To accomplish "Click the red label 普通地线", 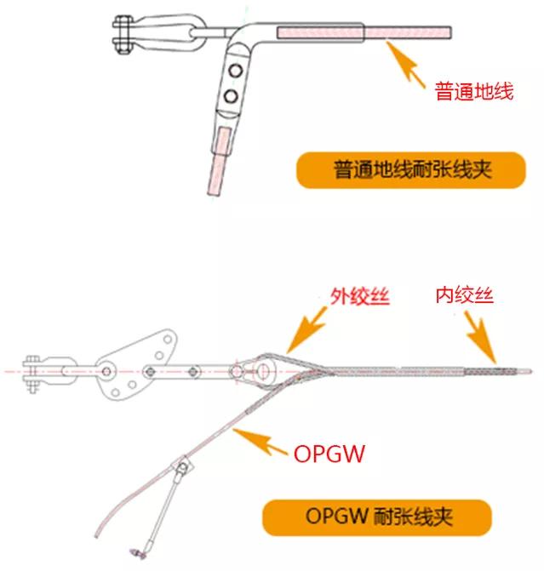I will pos(474,92).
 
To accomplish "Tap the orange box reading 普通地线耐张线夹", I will pos(400,170).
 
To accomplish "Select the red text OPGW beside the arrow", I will pos(329,454).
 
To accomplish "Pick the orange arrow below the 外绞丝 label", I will pos(304,335).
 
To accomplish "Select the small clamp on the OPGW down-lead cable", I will pos(181,465).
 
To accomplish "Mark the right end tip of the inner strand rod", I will pos(530,371).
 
